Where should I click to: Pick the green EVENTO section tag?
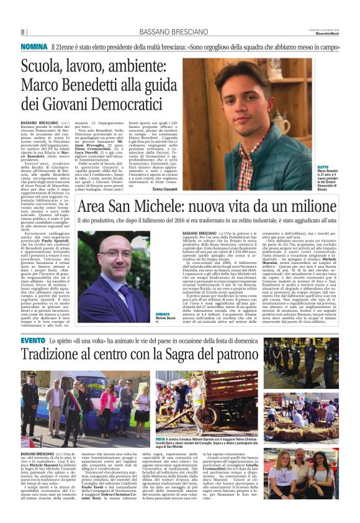(33, 340)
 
